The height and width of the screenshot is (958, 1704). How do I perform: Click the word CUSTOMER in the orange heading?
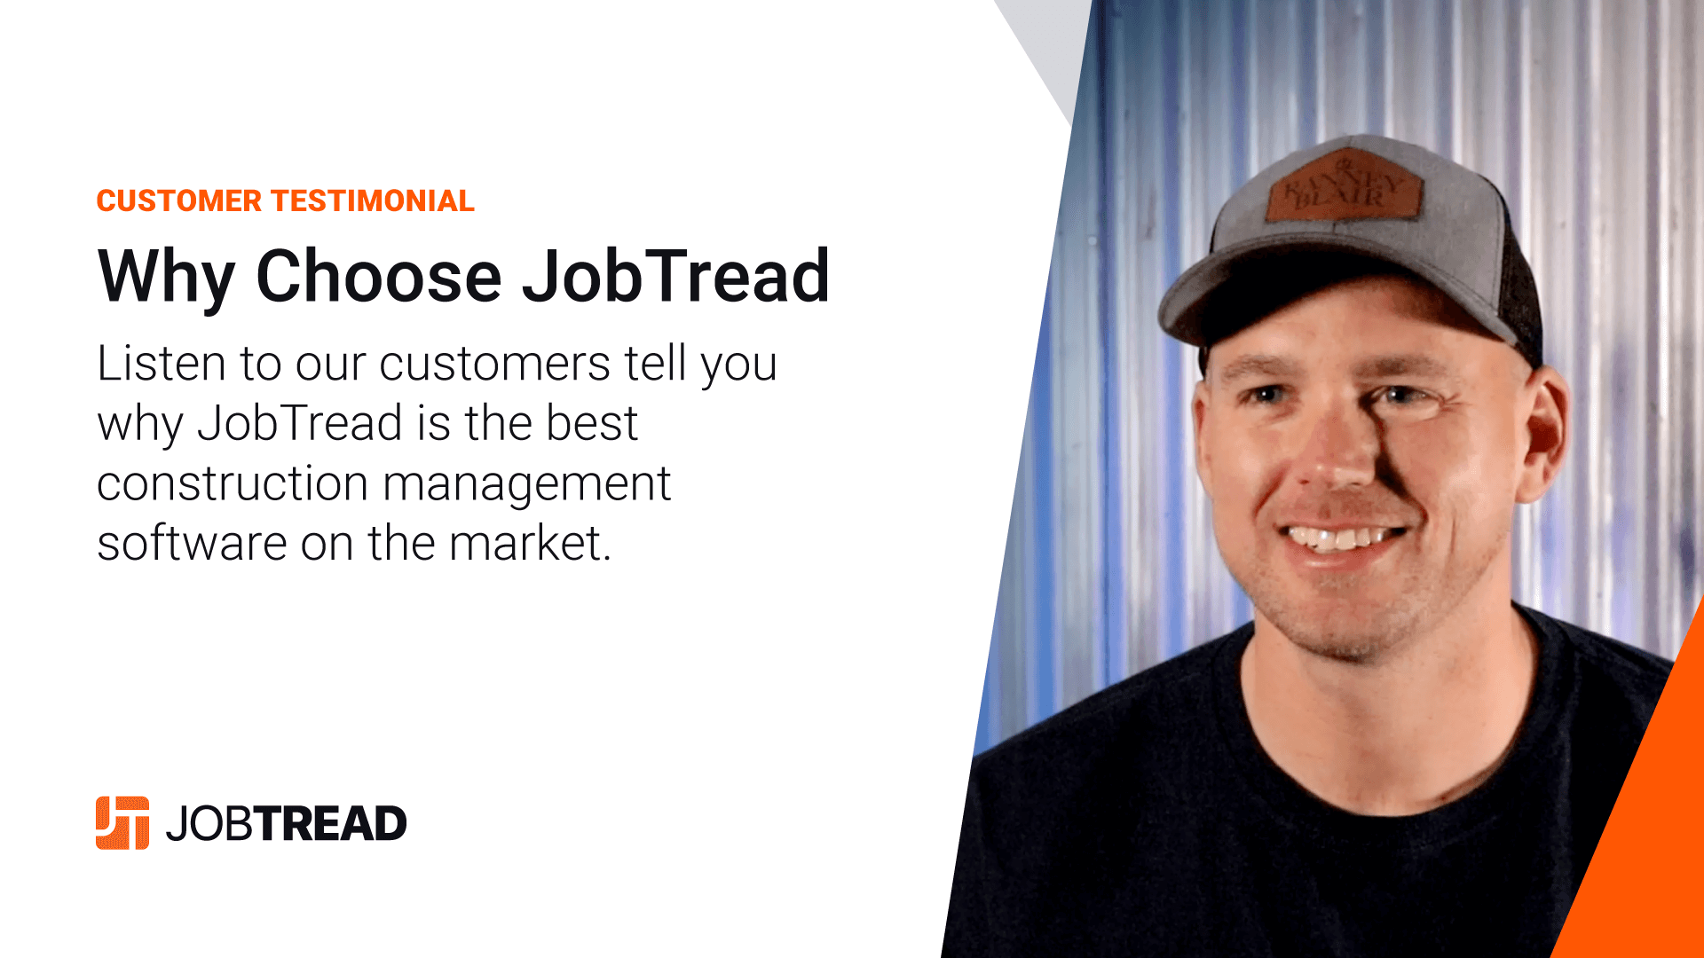point(179,201)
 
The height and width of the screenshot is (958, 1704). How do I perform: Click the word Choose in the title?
point(379,276)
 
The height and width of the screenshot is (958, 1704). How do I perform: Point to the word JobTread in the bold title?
point(675,276)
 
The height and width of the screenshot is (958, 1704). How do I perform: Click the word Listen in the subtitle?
point(162,363)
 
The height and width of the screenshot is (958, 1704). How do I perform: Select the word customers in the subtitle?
point(495,365)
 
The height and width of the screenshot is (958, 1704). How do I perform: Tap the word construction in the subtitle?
point(233,484)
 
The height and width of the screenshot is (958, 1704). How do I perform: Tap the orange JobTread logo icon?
point(122,823)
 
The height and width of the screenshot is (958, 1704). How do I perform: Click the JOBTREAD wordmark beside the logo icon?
point(286,824)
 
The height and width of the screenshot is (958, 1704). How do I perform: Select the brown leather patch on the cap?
point(1342,186)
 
